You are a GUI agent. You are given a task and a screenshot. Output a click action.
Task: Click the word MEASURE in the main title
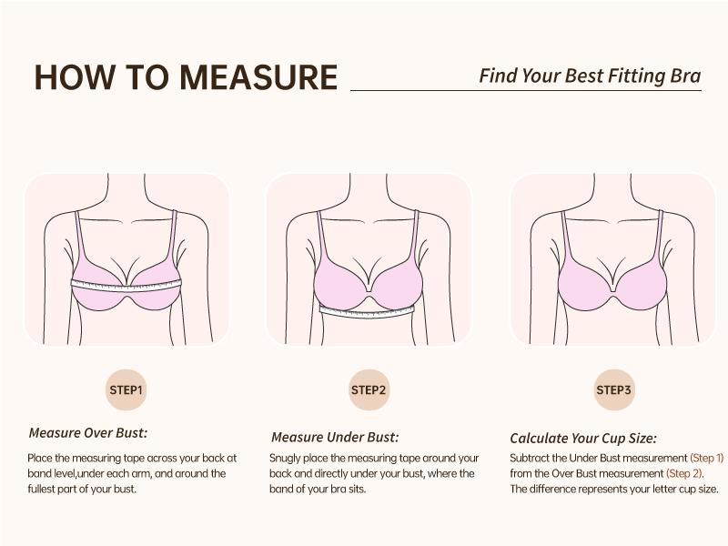[x=258, y=77]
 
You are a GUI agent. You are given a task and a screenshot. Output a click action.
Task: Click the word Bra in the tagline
[x=685, y=76]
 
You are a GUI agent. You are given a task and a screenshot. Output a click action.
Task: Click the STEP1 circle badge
[x=126, y=390]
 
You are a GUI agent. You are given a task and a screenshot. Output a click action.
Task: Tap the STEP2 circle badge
[x=369, y=390]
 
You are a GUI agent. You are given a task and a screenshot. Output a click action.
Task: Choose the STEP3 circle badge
[x=614, y=390]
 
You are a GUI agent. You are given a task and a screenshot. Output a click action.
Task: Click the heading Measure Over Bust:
[x=87, y=433]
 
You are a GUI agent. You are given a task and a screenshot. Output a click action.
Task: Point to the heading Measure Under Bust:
[x=335, y=437]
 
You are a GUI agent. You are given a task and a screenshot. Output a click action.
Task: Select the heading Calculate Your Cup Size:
[x=583, y=438]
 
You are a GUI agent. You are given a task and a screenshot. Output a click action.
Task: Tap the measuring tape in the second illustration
[x=367, y=310]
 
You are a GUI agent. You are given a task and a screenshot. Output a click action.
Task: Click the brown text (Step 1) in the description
[x=707, y=458]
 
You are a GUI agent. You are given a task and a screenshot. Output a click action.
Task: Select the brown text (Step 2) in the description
[x=684, y=473]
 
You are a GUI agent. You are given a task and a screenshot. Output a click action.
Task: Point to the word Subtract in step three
[x=530, y=458]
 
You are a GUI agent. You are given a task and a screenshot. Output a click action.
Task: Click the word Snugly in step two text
[x=288, y=458]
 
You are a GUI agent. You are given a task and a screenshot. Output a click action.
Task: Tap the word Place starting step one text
[x=40, y=458]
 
